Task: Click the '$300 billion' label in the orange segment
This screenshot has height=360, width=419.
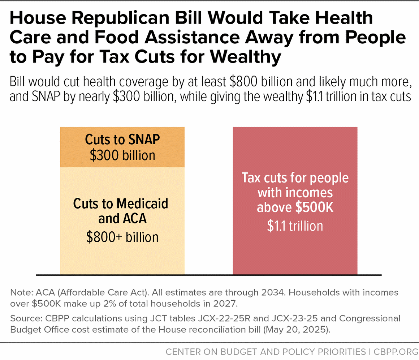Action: pyautogui.click(x=122, y=155)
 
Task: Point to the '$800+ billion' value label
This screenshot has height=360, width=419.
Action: pyautogui.click(x=122, y=237)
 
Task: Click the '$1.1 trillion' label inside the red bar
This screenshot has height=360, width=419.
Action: pyautogui.click(x=295, y=226)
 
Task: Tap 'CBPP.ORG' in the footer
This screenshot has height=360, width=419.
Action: pyautogui.click(x=396, y=352)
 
